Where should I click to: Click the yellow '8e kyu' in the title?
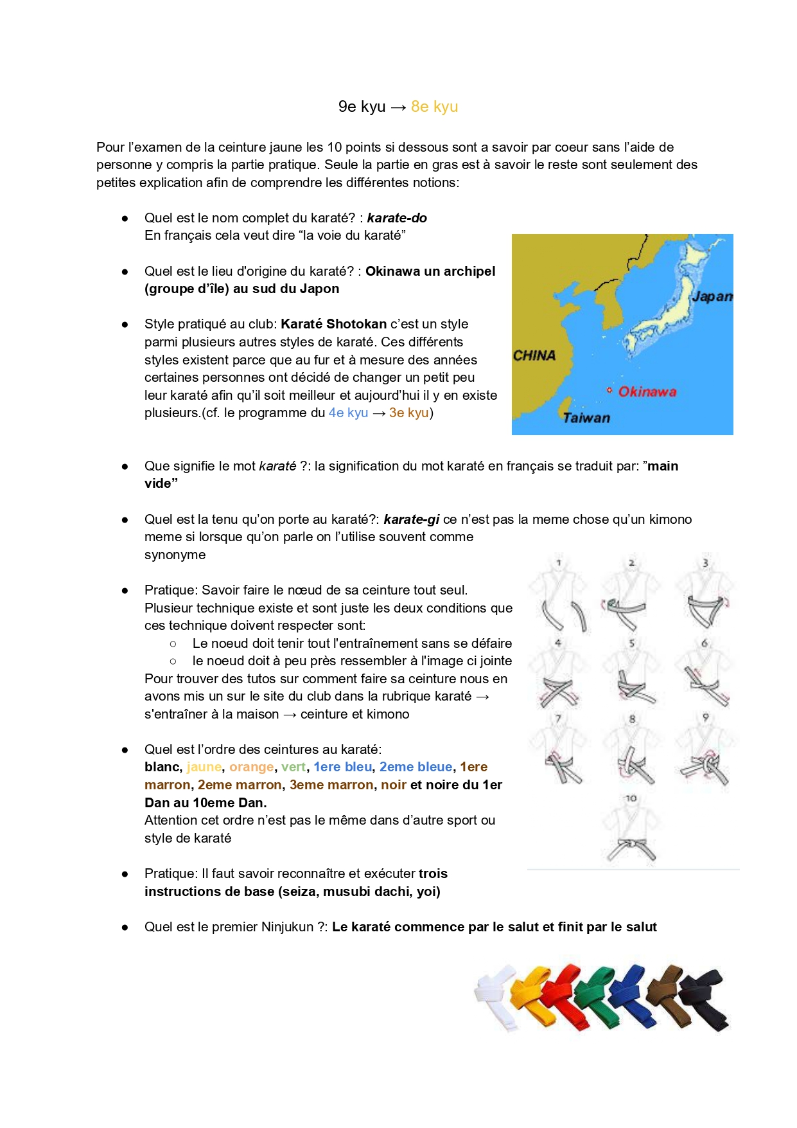click(434, 107)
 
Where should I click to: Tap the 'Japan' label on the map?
click(712, 296)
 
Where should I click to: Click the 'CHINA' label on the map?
click(534, 355)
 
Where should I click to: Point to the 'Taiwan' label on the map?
click(586, 418)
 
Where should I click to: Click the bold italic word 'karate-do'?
click(397, 218)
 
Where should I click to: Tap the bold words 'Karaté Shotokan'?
click(334, 324)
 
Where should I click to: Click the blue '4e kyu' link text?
click(349, 413)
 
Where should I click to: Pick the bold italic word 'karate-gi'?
click(412, 519)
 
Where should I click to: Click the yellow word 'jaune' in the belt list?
click(204, 767)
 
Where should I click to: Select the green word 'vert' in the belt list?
click(293, 767)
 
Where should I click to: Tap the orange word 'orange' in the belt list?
click(252, 767)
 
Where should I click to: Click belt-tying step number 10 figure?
click(632, 828)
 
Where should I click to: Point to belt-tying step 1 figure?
click(558, 595)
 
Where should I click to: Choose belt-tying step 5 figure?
click(632, 672)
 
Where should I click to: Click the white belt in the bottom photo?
click(496, 996)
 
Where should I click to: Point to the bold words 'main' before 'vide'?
click(663, 466)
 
